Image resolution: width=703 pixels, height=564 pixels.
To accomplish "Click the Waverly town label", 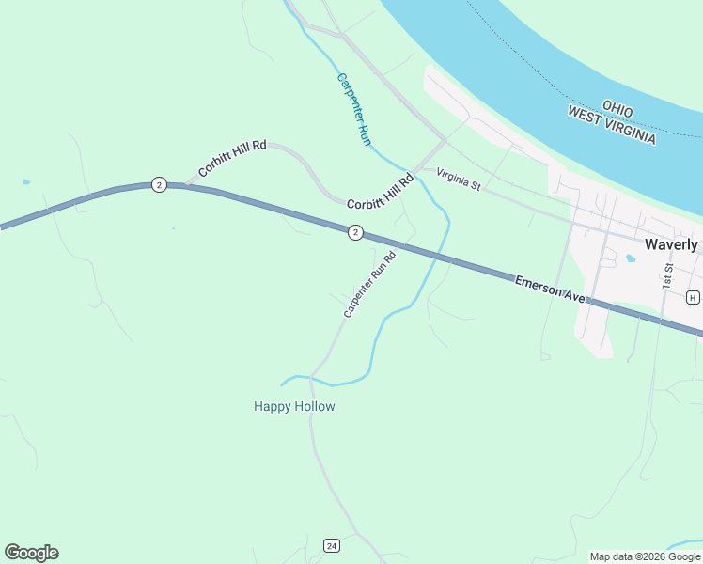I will click(x=671, y=244).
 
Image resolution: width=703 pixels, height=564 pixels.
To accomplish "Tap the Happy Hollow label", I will click(x=294, y=407).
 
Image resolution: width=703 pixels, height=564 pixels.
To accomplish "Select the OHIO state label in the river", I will click(x=617, y=109).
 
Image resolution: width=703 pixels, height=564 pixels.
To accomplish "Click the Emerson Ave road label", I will click(x=550, y=289).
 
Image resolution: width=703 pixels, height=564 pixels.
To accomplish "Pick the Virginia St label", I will click(x=459, y=180).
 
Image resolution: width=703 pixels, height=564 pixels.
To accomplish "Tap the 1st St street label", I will click(x=668, y=274).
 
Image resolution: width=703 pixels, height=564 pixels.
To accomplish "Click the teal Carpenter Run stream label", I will click(x=355, y=108).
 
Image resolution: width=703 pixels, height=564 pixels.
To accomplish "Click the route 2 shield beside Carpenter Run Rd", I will click(x=354, y=232).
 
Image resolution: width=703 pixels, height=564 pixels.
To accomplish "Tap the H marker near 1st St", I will click(x=694, y=298).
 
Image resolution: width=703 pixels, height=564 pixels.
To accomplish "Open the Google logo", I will click(x=31, y=553).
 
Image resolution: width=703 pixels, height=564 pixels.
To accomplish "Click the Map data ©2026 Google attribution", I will click(x=645, y=556).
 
